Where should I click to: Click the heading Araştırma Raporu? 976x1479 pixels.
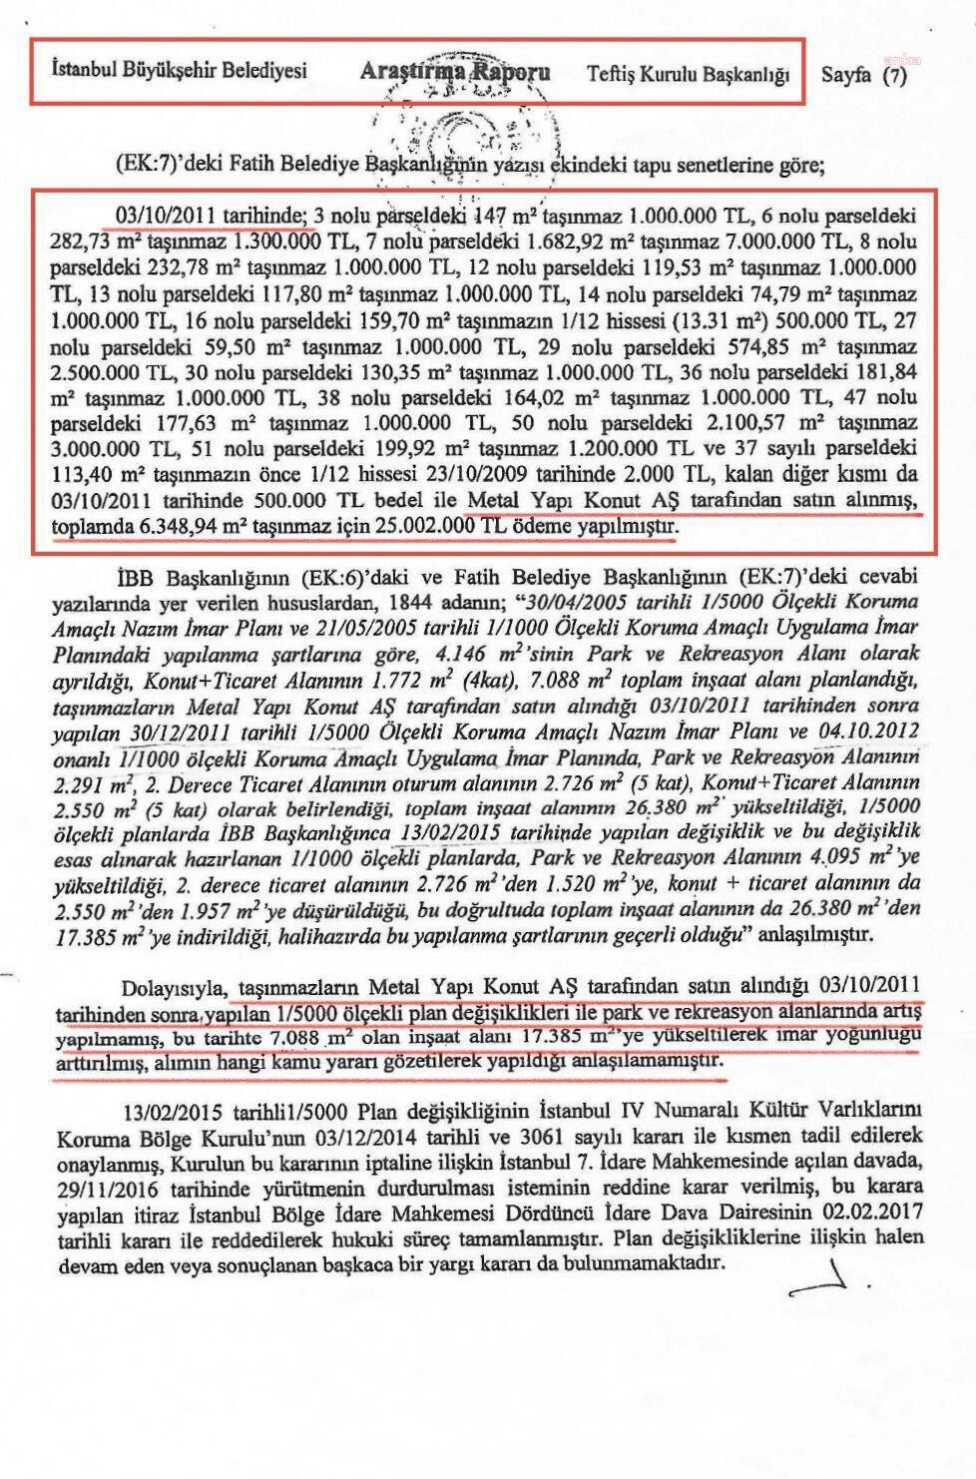[x=454, y=73]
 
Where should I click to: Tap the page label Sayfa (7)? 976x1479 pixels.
[x=864, y=74]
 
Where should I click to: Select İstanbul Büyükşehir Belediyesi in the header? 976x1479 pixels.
[x=180, y=71]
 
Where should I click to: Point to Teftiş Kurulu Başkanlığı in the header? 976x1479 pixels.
[x=688, y=74]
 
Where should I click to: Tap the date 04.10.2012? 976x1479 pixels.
[x=869, y=731]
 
